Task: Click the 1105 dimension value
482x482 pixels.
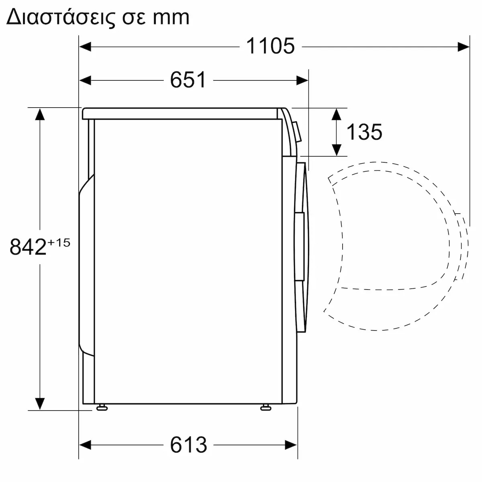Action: (x=270, y=46)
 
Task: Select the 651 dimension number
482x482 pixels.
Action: (x=188, y=80)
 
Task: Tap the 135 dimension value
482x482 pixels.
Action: (x=364, y=132)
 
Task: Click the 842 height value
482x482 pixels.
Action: (x=28, y=247)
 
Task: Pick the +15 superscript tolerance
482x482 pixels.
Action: (x=59, y=242)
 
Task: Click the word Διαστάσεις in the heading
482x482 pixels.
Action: (x=61, y=18)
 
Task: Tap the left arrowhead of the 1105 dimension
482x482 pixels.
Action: (x=85, y=47)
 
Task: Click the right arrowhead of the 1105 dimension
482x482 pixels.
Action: (x=464, y=47)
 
